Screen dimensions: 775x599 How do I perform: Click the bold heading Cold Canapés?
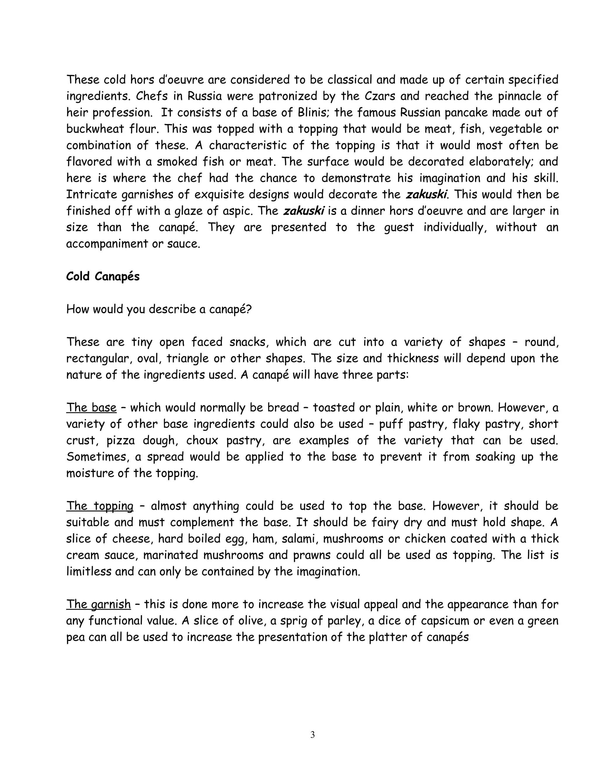coord(103,277)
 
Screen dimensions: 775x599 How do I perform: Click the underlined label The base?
coord(91,408)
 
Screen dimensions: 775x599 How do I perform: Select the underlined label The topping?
coord(100,506)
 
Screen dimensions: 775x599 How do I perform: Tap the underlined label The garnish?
coord(98,604)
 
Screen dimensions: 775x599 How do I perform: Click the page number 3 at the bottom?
coord(312,735)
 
